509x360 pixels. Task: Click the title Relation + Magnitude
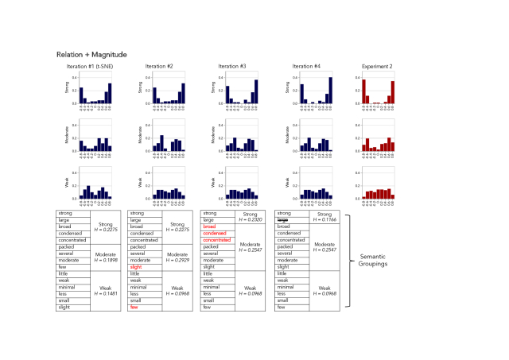click(92, 54)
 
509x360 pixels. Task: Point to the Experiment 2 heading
click(376, 66)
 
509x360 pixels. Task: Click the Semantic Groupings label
click(383, 260)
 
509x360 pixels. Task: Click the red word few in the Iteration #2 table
click(134, 308)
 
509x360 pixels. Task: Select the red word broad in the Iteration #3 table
click(209, 226)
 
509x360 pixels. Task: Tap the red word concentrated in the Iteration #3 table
click(217, 240)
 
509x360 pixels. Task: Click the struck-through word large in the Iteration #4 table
click(282, 219)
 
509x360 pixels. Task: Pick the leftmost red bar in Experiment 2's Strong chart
click(363, 92)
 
